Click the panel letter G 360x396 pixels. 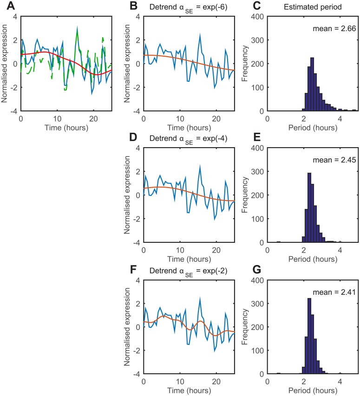click(250, 269)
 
